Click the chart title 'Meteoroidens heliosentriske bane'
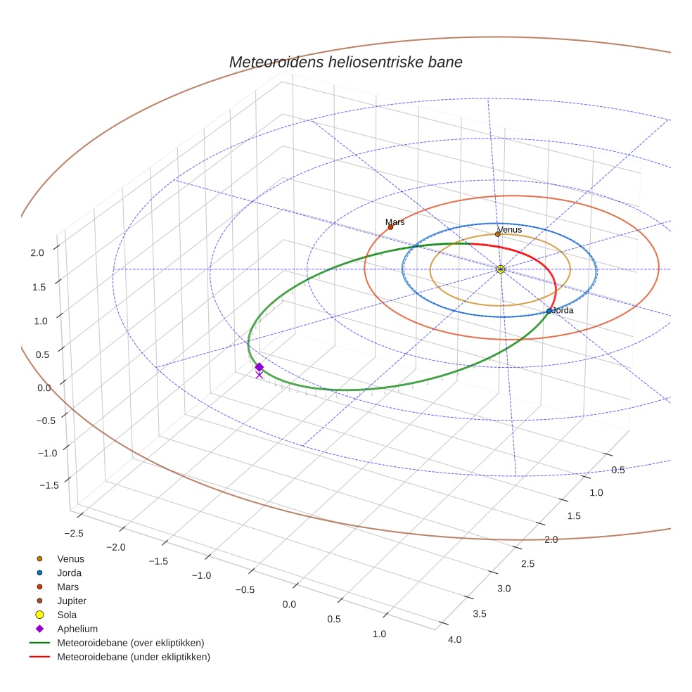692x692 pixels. click(345, 62)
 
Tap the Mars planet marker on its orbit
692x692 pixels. click(390, 226)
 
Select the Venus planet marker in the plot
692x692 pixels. click(498, 234)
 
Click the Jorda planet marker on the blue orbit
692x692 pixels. click(549, 311)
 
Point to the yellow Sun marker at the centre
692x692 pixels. click(500, 269)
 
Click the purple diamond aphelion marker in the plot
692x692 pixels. click(259, 367)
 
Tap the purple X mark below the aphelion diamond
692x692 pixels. click(259, 376)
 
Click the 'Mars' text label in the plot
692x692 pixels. click(395, 222)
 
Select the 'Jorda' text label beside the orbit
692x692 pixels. click(563, 310)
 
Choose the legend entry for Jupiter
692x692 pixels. click(72, 601)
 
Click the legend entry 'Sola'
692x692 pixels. click(67, 615)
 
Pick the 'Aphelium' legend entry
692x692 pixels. click(77, 629)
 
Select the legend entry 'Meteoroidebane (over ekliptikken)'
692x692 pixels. click(131, 643)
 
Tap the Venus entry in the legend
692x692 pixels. click(70, 558)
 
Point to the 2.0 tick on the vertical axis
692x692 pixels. click(37, 252)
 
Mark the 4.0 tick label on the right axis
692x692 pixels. click(454, 639)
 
